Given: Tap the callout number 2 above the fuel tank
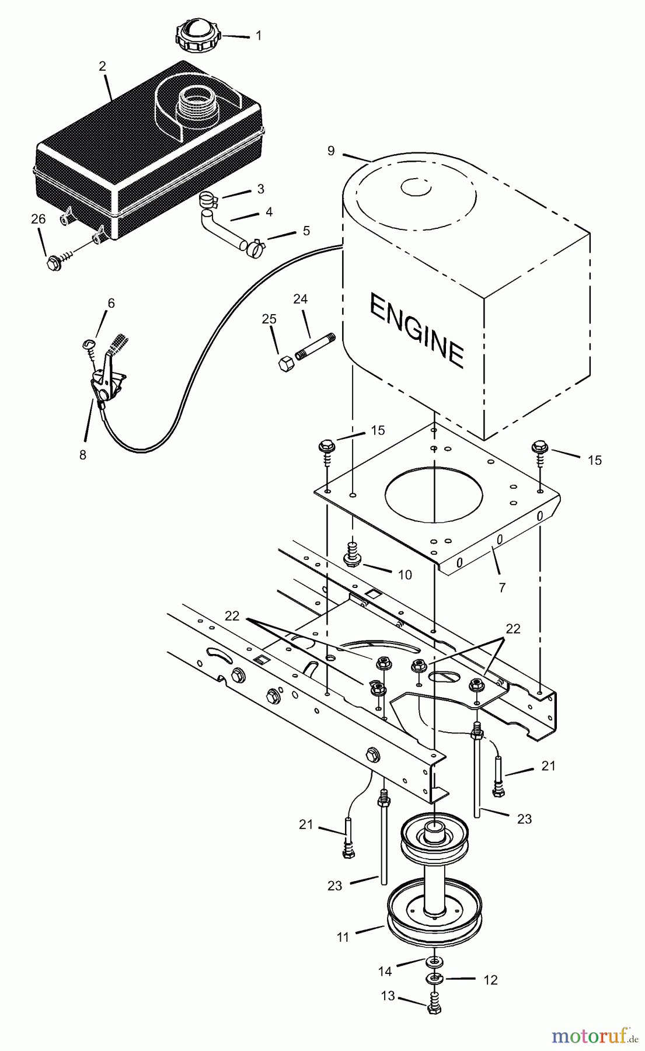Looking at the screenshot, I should [103, 66].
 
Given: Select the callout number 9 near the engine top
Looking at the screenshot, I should [331, 151].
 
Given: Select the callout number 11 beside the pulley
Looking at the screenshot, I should [343, 937].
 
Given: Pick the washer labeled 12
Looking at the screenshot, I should [434, 978].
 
